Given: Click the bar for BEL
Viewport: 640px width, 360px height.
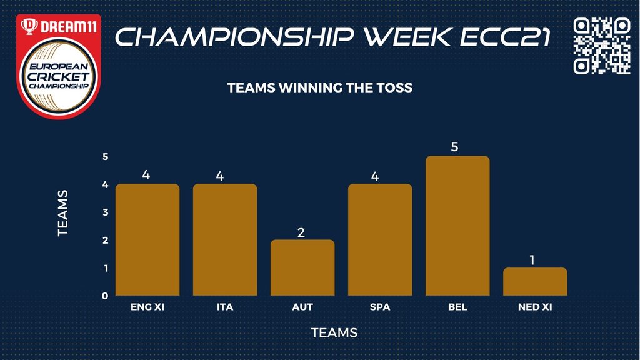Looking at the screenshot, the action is click(457, 226).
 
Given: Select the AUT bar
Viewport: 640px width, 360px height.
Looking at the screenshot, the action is click(302, 267).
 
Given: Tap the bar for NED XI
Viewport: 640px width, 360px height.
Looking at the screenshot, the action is click(535, 282).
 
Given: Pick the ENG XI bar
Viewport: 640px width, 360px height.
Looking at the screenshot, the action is click(147, 239).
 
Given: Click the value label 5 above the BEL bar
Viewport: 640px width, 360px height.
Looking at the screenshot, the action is click(455, 147).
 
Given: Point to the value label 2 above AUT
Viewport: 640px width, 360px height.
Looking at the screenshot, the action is click(301, 232).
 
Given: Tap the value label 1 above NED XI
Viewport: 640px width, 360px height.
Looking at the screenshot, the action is click(532, 260).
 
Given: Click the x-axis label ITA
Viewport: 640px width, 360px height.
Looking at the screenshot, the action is click(225, 307).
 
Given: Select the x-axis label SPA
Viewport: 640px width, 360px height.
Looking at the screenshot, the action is click(380, 307).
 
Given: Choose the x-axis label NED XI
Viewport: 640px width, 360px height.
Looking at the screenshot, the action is click(535, 307).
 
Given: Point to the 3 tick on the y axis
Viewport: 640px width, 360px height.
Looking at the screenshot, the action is click(106, 212).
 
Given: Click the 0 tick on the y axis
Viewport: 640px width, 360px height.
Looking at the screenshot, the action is click(105, 296).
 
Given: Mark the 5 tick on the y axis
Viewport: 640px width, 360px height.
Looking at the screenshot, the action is click(106, 157).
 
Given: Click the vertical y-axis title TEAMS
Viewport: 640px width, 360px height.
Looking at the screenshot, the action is click(63, 213).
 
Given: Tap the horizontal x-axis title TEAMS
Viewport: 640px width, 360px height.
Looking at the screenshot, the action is click(334, 332).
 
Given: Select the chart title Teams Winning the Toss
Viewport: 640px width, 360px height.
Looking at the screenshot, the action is click(320, 87).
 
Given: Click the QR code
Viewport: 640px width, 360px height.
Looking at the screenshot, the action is click(602, 46).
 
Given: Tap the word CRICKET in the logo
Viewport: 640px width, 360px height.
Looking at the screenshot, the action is click(59, 76).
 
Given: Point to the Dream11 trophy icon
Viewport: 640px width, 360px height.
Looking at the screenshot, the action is click(29, 26).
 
